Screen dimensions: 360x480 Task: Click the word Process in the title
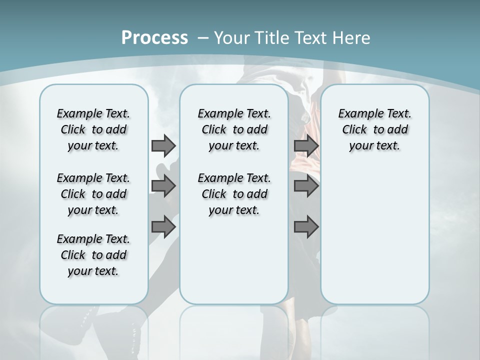coord(154,38)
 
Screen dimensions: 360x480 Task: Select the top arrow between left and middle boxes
coord(163,146)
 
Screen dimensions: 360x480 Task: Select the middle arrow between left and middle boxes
coord(163,186)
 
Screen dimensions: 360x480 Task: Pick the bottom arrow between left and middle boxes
coord(163,227)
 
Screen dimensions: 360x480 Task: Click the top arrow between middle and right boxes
coord(306,146)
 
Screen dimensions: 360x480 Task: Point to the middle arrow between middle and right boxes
coord(306,186)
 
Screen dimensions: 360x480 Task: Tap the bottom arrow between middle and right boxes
coord(306,227)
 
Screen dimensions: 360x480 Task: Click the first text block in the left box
coord(93,129)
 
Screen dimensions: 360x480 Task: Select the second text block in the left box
coord(93,194)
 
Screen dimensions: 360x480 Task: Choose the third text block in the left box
coord(93,255)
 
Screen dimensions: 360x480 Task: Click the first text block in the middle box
coord(234,129)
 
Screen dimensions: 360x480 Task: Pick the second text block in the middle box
coord(234,194)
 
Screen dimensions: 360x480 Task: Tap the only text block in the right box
coord(374,129)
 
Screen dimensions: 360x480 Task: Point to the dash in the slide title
coord(203,38)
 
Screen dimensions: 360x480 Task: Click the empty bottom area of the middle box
coord(234,265)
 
